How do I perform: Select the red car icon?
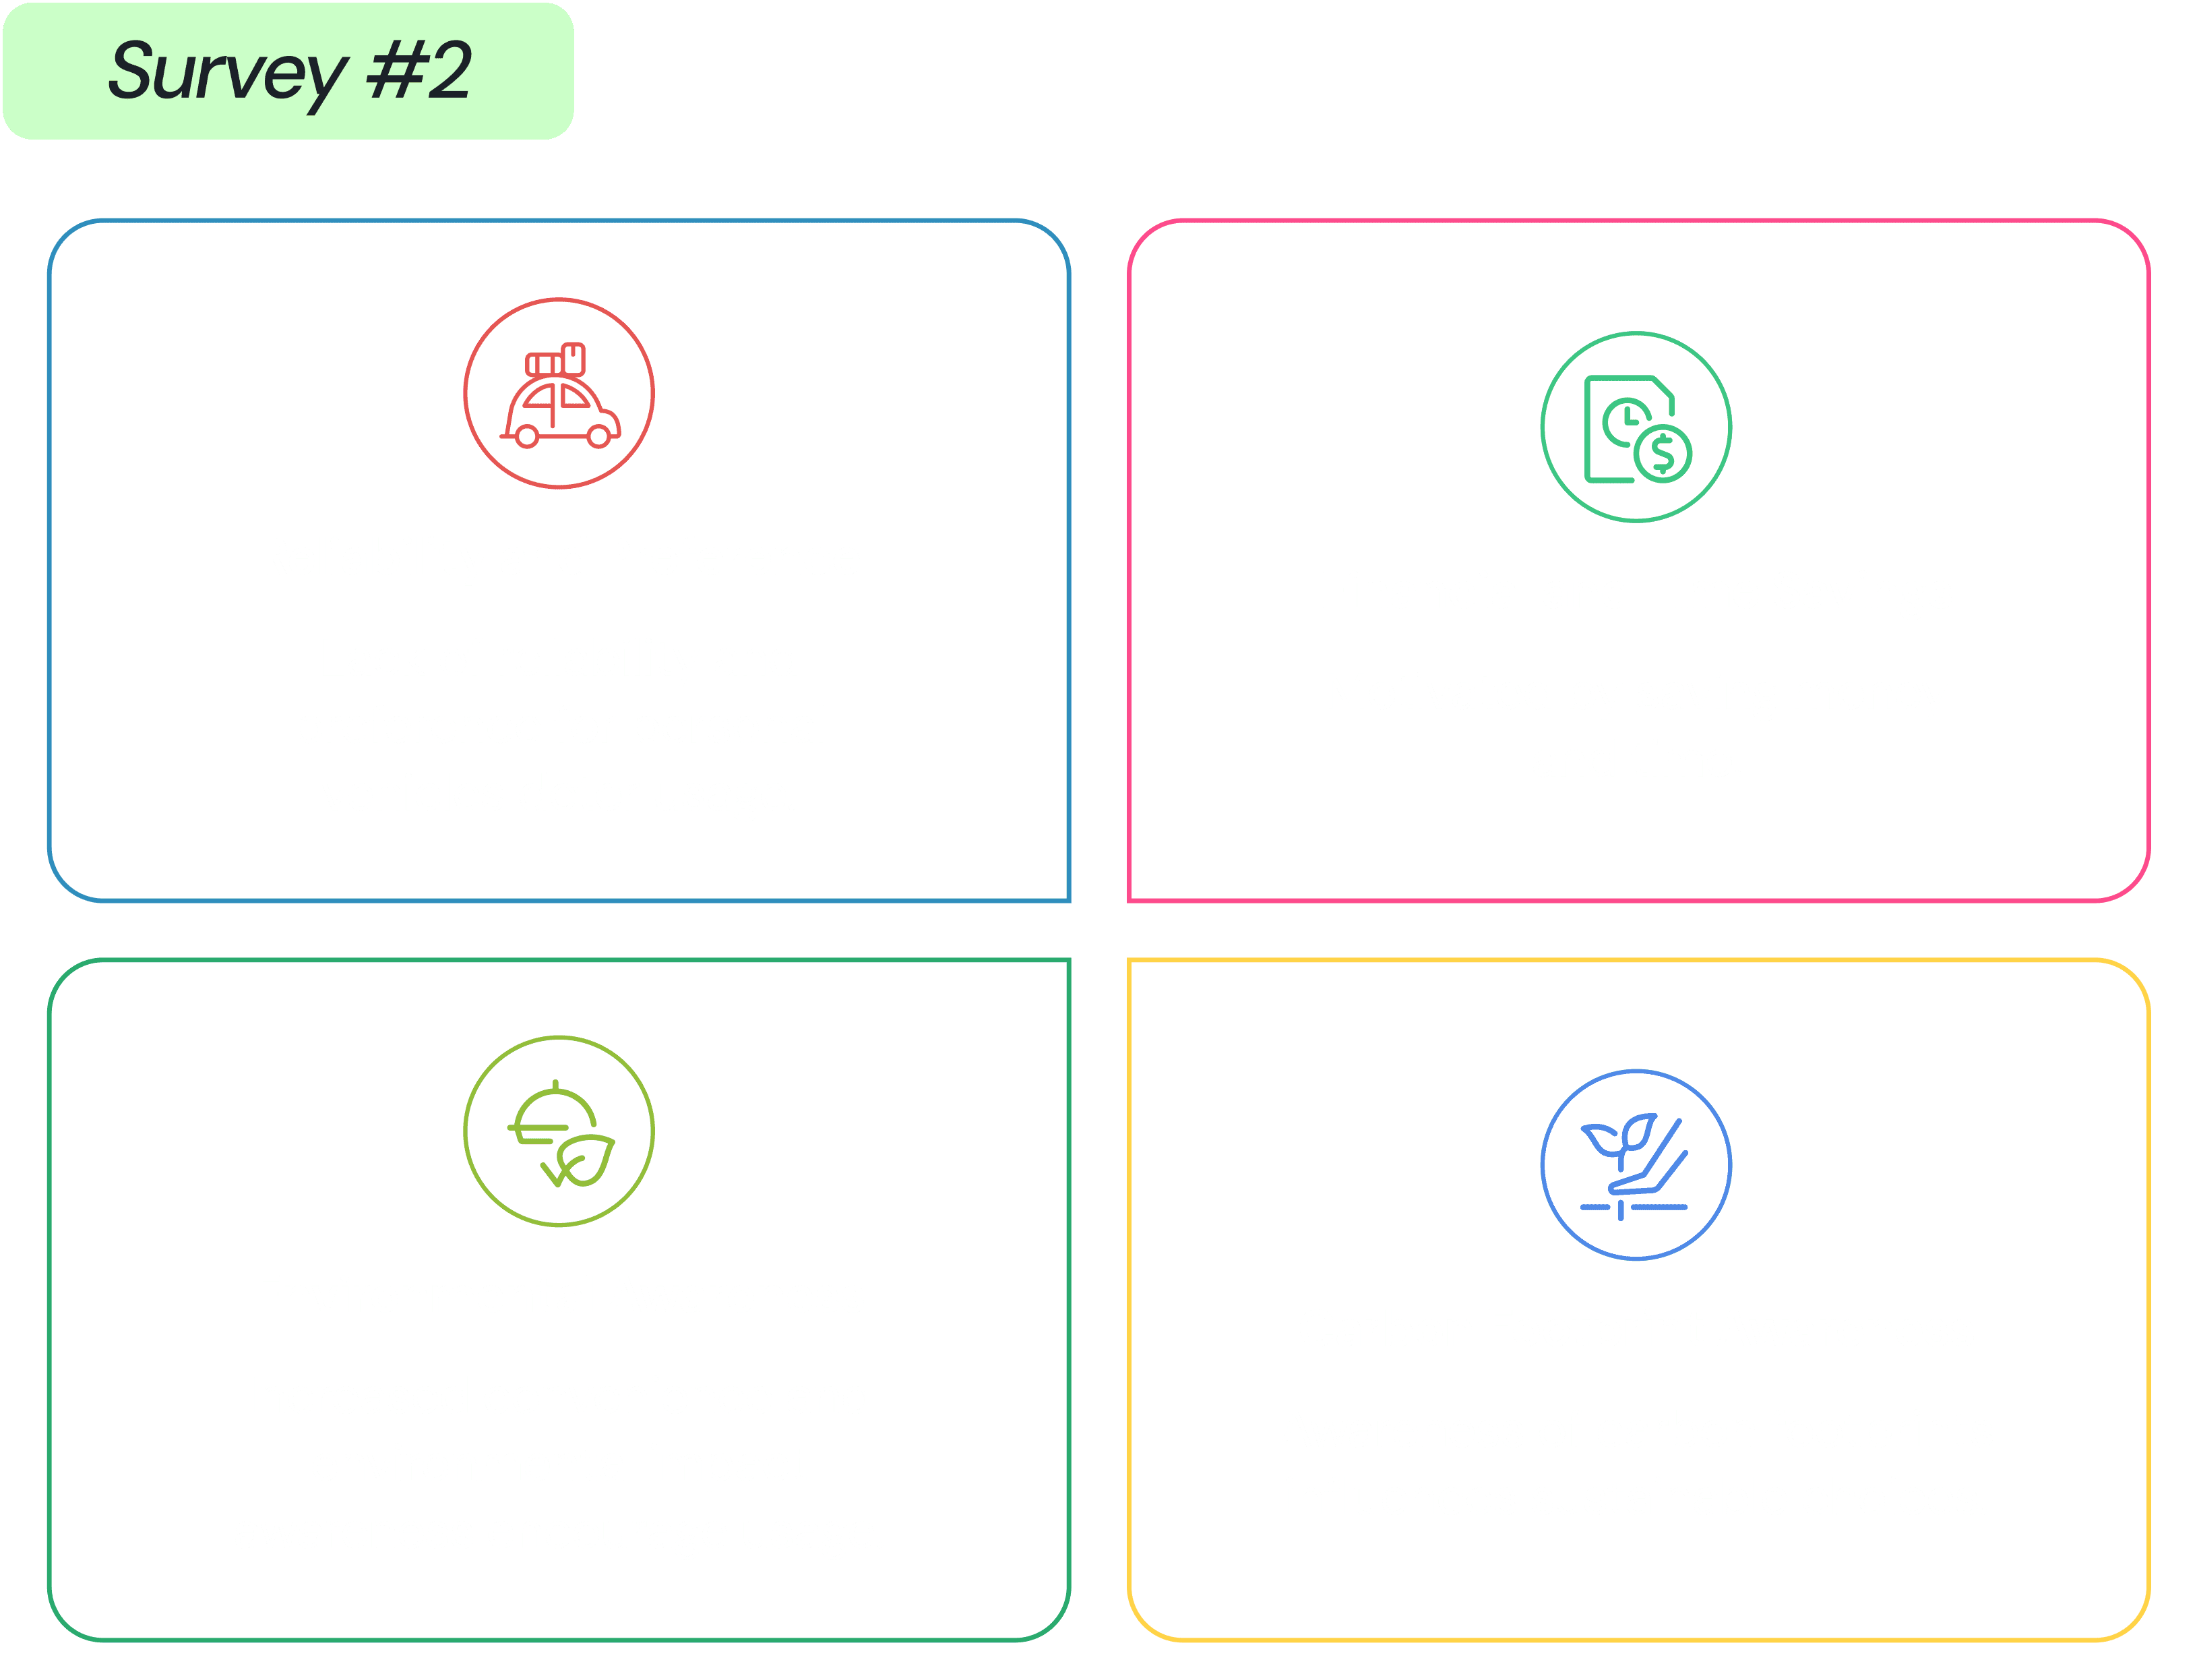pos(560,394)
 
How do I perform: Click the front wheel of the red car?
pos(599,437)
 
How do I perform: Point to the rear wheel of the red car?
pos(528,437)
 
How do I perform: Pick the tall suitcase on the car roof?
pos(573,359)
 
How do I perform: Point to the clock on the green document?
pos(1626,421)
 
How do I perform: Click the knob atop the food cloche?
pos(555,1085)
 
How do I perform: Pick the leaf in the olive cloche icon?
pos(586,1160)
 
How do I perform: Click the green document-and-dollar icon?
pos(1638,428)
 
